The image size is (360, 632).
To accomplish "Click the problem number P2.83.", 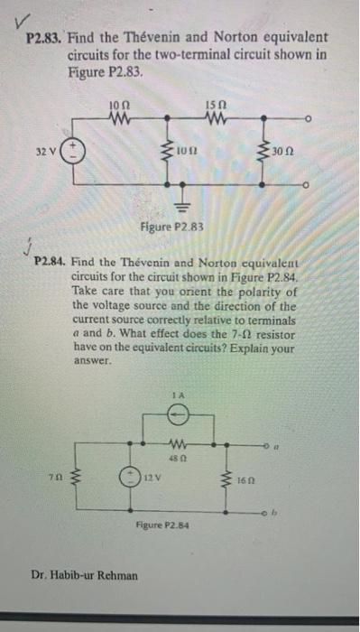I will pyautogui.click(x=43, y=41).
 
